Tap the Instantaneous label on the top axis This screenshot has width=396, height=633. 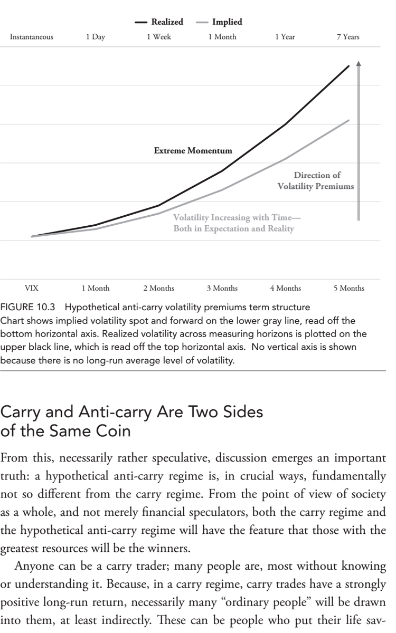pos(32,37)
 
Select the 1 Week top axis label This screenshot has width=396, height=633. pos(158,37)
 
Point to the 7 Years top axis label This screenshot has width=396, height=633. pos(348,37)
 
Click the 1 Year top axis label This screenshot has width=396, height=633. pos(285,37)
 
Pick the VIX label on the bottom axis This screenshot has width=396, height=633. pos(32,288)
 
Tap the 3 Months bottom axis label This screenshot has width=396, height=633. pos(222,288)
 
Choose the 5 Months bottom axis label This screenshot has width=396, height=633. pos(349,288)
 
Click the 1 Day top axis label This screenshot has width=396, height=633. pos(95,37)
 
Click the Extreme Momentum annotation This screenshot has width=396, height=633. pos(193,151)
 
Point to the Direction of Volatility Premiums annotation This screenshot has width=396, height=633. pos(317,181)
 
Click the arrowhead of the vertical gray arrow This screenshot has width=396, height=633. pos(359,63)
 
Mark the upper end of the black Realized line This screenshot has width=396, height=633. pos(348,66)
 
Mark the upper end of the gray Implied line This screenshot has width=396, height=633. pos(348,120)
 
